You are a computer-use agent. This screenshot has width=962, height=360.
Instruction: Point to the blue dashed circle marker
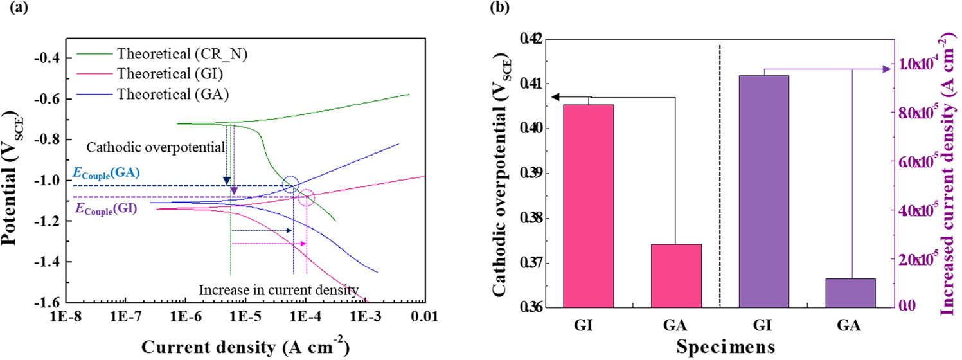tap(290, 184)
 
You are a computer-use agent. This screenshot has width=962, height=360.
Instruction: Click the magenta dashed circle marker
tap(307, 198)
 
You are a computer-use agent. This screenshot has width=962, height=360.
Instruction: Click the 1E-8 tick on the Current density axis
tap(67, 317)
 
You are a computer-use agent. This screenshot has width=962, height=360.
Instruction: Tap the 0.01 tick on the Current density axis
tap(423, 317)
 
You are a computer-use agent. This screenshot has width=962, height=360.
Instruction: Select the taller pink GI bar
tap(588, 206)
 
